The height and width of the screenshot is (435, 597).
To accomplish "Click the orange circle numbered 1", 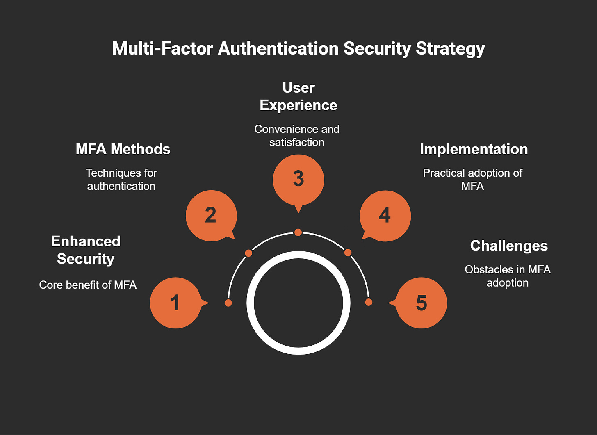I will click(175, 303).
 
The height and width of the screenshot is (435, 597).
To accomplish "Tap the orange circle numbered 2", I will click(211, 216).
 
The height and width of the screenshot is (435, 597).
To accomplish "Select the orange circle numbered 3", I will click(298, 180).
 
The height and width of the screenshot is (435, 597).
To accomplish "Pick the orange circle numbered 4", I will click(385, 216).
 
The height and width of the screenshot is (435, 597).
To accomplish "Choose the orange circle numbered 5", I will click(422, 303).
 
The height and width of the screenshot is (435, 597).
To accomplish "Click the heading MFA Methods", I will click(123, 149).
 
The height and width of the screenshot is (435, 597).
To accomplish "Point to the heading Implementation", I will click(474, 149).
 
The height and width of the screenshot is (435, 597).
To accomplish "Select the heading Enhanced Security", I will click(86, 250).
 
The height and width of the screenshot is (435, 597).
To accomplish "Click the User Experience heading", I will click(298, 96).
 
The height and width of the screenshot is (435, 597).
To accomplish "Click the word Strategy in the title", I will click(450, 48).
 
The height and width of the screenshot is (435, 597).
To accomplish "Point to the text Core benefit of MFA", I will click(88, 285).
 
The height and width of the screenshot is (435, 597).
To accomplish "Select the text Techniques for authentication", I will click(121, 180).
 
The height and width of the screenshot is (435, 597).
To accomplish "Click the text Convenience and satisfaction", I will click(297, 135).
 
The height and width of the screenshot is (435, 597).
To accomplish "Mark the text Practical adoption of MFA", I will click(472, 180).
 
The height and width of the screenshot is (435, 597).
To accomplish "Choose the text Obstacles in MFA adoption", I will click(508, 276).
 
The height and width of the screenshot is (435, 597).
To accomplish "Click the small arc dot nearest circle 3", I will click(298, 232).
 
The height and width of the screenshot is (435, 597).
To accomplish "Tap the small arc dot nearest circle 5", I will click(369, 302).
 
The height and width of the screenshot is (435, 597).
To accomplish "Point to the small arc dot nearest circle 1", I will click(228, 303).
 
